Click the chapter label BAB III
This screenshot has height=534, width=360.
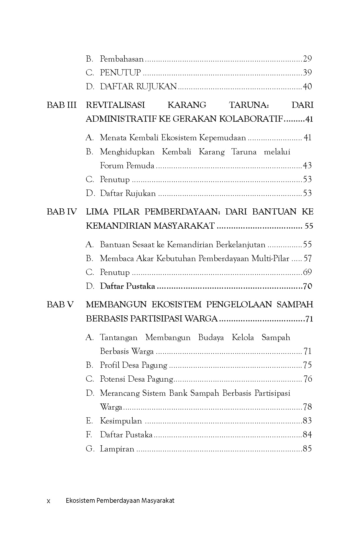[x=62, y=105]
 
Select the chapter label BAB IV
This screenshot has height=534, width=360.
[x=62, y=212]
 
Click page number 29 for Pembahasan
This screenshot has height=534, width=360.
[x=307, y=59]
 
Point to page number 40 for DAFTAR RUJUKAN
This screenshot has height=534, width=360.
[x=307, y=87]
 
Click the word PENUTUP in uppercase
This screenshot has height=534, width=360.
[x=120, y=73]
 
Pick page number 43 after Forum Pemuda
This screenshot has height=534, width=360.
[x=307, y=166]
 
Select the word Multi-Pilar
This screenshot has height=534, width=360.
[x=271, y=258]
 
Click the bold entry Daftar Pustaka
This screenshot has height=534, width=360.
[x=127, y=286]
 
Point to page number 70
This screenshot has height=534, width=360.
[x=308, y=286]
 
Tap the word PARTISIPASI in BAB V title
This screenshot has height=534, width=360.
[x=157, y=319]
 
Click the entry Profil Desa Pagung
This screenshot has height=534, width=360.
[x=134, y=365]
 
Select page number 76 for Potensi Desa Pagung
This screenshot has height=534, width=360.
[x=308, y=379]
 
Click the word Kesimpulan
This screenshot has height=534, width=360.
[x=121, y=421]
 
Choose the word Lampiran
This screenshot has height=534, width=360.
[x=117, y=449]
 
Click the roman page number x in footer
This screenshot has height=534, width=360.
[x=49, y=501]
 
